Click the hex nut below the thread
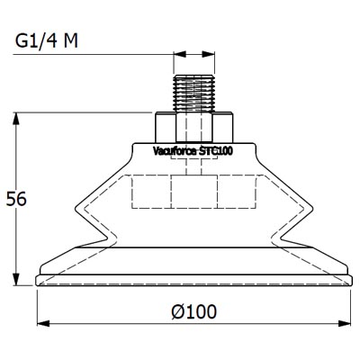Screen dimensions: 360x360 194,126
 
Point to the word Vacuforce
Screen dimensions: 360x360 174,152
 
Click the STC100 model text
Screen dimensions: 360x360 217,152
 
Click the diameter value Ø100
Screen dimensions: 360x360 193,311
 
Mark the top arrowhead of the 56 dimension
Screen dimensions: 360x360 17,118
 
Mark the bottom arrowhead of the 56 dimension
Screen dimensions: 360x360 17,278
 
